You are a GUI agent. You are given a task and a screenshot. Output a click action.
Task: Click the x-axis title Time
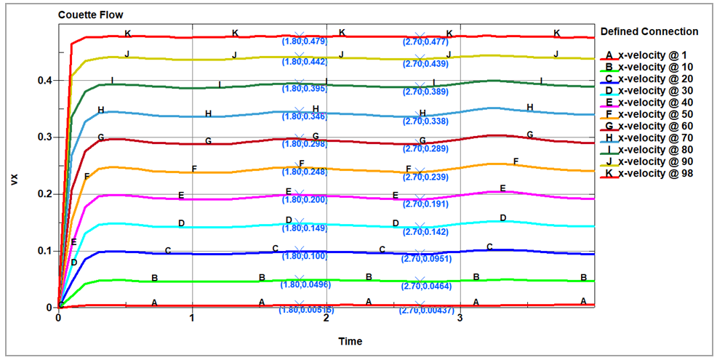click(x=351, y=341)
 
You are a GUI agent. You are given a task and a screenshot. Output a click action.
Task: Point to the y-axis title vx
click(x=15, y=179)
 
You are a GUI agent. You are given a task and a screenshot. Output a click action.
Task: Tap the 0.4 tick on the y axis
click(x=44, y=81)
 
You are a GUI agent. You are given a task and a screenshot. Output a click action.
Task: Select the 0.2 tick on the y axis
click(x=44, y=194)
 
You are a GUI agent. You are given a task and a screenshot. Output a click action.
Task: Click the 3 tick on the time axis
click(x=460, y=318)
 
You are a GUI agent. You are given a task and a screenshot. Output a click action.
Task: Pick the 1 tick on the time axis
click(x=192, y=318)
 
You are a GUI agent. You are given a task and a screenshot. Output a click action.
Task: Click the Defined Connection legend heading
click(x=649, y=31)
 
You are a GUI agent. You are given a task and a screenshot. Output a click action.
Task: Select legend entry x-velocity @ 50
click(x=650, y=114)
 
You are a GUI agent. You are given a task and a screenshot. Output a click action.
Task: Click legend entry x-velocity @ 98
click(x=650, y=173)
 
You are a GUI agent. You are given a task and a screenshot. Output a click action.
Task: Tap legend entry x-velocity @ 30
click(x=650, y=90)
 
